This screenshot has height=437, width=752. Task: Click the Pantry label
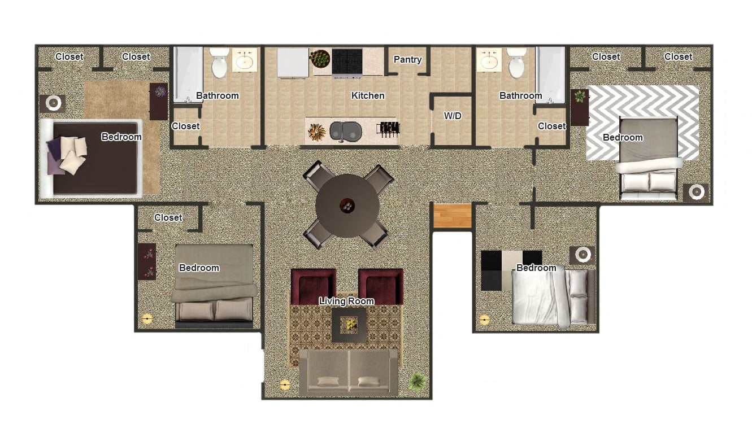pos(407,59)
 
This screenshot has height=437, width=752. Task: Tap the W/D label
pos(453,116)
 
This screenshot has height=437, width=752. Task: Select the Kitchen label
pos(368,95)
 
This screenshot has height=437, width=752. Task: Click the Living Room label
pos(346,301)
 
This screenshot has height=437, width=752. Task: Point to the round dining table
pos(347,206)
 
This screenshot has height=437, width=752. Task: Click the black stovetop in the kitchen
pos(347,62)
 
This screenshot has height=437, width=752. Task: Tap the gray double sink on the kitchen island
pos(345,131)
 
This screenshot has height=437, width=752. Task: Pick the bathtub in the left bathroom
pos(188,75)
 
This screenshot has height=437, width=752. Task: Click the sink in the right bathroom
pos(489,60)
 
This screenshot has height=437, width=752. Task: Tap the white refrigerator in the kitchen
pos(293,63)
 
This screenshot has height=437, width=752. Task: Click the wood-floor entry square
pos(453,216)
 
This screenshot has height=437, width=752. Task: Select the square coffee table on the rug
pos(349,325)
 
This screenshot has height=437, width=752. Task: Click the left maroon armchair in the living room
pos(314,287)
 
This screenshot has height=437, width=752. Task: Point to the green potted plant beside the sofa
pos(418,382)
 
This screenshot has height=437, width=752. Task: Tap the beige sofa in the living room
pos(349,373)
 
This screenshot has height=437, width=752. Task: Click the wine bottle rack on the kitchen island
pos(388,130)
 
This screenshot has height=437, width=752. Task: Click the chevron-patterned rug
pos(642,123)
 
